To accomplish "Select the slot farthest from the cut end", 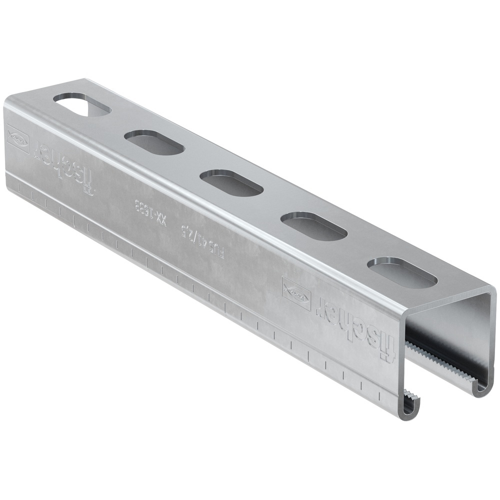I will [x=82, y=105].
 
